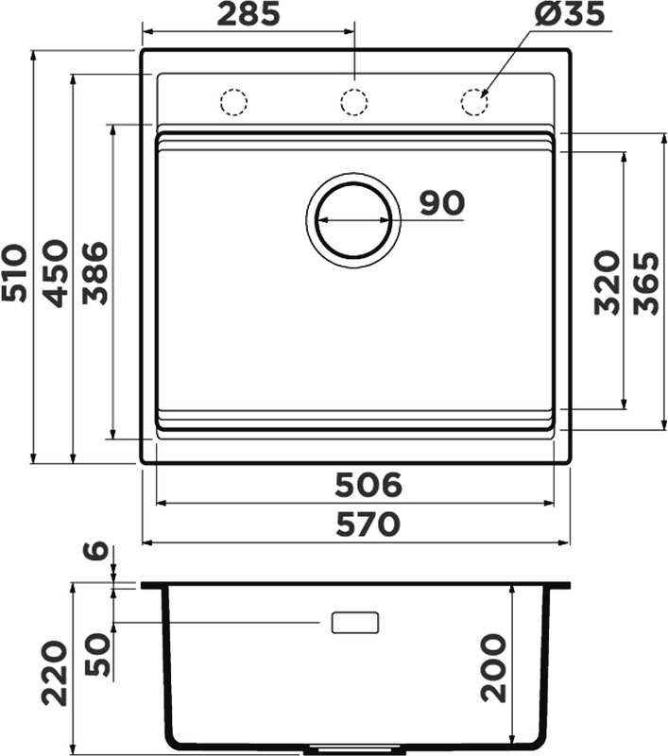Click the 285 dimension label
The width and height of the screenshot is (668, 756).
[x=248, y=13]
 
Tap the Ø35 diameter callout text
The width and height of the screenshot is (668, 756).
[x=569, y=13]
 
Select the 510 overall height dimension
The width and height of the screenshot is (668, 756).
[x=14, y=274]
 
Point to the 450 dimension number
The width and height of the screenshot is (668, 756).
[x=55, y=274]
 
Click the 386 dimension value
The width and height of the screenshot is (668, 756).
[x=94, y=274]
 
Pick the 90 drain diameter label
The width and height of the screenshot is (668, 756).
[x=442, y=203]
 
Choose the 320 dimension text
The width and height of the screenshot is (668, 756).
[x=607, y=283]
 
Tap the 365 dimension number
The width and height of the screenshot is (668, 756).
[x=646, y=283]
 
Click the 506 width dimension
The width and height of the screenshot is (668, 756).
[x=368, y=485]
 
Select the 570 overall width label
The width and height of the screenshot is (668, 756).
[x=368, y=524]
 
